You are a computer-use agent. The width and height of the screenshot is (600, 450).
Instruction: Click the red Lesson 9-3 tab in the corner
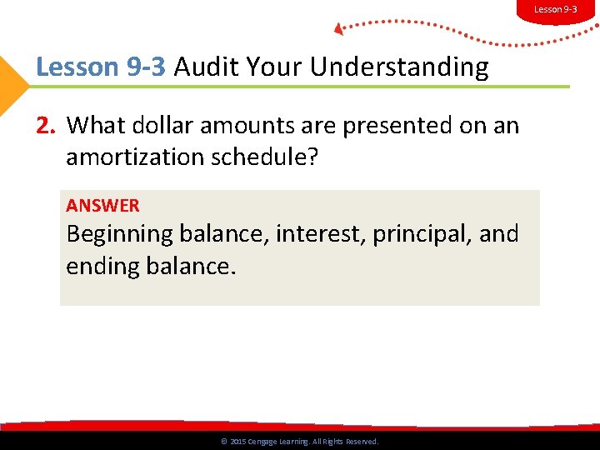pyautogui.click(x=555, y=10)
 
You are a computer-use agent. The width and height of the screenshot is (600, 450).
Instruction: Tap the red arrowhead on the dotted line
pyautogui.click(x=338, y=29)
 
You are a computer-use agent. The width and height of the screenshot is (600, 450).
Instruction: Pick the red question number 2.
pyautogui.click(x=46, y=126)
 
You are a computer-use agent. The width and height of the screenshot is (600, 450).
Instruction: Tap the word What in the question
pyautogui.click(x=93, y=126)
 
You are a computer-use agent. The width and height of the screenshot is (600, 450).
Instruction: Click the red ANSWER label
pyautogui.click(x=102, y=205)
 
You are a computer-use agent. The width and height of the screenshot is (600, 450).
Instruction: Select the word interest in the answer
pyautogui.click(x=321, y=234)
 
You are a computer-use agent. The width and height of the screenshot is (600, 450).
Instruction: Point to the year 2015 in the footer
pyautogui.click(x=237, y=442)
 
